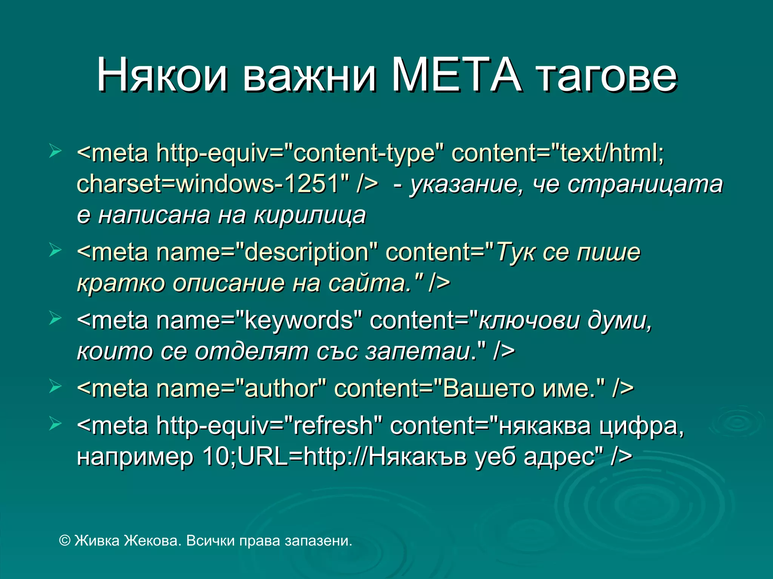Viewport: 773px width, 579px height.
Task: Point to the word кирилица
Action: [310, 215]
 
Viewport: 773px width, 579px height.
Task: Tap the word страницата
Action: [645, 184]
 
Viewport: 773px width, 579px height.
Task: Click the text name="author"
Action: [242, 388]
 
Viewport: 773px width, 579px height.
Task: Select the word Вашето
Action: [489, 388]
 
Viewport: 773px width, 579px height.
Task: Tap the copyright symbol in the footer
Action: [65, 541]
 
